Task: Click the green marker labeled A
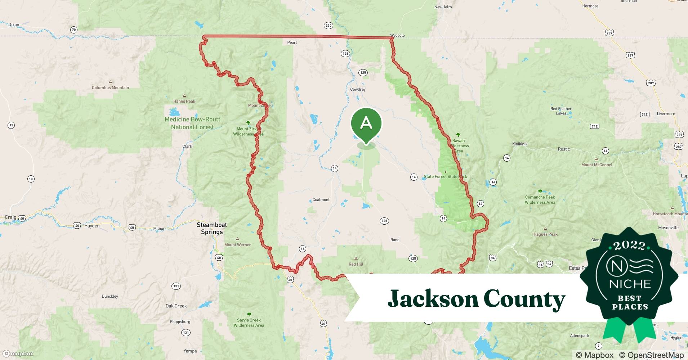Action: [366, 123]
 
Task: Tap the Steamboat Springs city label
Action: [212, 228]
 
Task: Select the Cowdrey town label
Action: [358, 89]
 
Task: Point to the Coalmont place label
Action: [321, 200]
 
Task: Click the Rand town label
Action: [395, 240]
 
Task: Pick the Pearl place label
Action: [292, 42]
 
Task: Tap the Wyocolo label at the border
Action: [397, 35]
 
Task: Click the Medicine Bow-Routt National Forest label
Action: [192, 123]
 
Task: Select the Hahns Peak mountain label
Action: [184, 101]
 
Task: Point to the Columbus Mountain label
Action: [110, 87]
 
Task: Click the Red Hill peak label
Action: [356, 264]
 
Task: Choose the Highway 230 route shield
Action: [328, 26]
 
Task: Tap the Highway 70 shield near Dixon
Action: [74, 30]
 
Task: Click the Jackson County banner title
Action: [476, 299]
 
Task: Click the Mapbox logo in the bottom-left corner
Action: [18, 354]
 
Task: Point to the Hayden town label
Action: [92, 226]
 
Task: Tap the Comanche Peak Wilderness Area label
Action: [540, 199]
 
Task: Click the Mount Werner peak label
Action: [237, 245]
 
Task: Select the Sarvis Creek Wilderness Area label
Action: [249, 323]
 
